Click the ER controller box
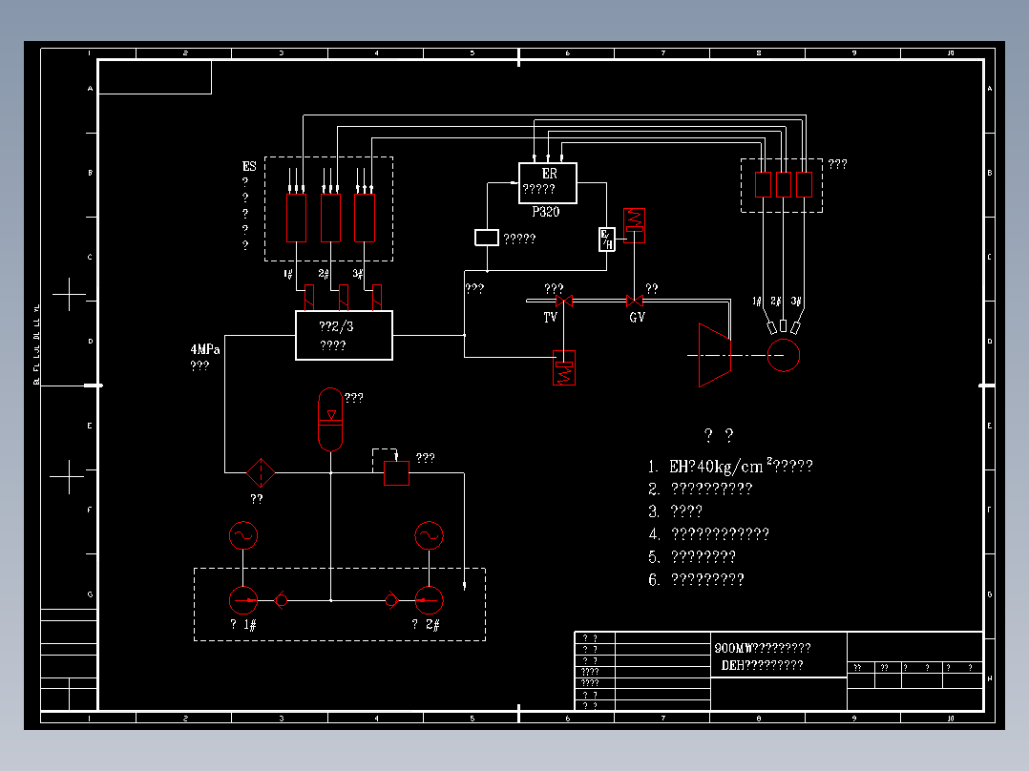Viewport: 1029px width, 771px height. [548, 182]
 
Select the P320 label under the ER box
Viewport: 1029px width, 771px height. [546, 212]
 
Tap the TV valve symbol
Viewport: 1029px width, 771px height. [563, 302]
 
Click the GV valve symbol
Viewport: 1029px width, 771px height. [633, 302]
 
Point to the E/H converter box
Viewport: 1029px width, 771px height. [607, 240]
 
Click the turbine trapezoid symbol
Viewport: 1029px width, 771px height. [714, 355]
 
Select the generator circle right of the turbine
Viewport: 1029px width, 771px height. [783, 355]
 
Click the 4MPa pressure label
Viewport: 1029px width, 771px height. [205, 350]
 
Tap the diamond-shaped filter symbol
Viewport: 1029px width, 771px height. [260, 471]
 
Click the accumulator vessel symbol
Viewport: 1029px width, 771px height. [330, 419]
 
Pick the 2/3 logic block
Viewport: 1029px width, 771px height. [344, 335]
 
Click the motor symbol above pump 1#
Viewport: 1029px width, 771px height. [243, 535]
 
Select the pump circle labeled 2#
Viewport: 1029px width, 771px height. [429, 599]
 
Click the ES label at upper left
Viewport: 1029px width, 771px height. [249, 166]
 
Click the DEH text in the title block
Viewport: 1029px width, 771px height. [733, 665]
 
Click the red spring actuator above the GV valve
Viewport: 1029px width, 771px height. [634, 224]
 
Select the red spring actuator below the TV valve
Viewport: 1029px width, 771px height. [565, 368]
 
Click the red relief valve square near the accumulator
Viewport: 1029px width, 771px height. [396, 472]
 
